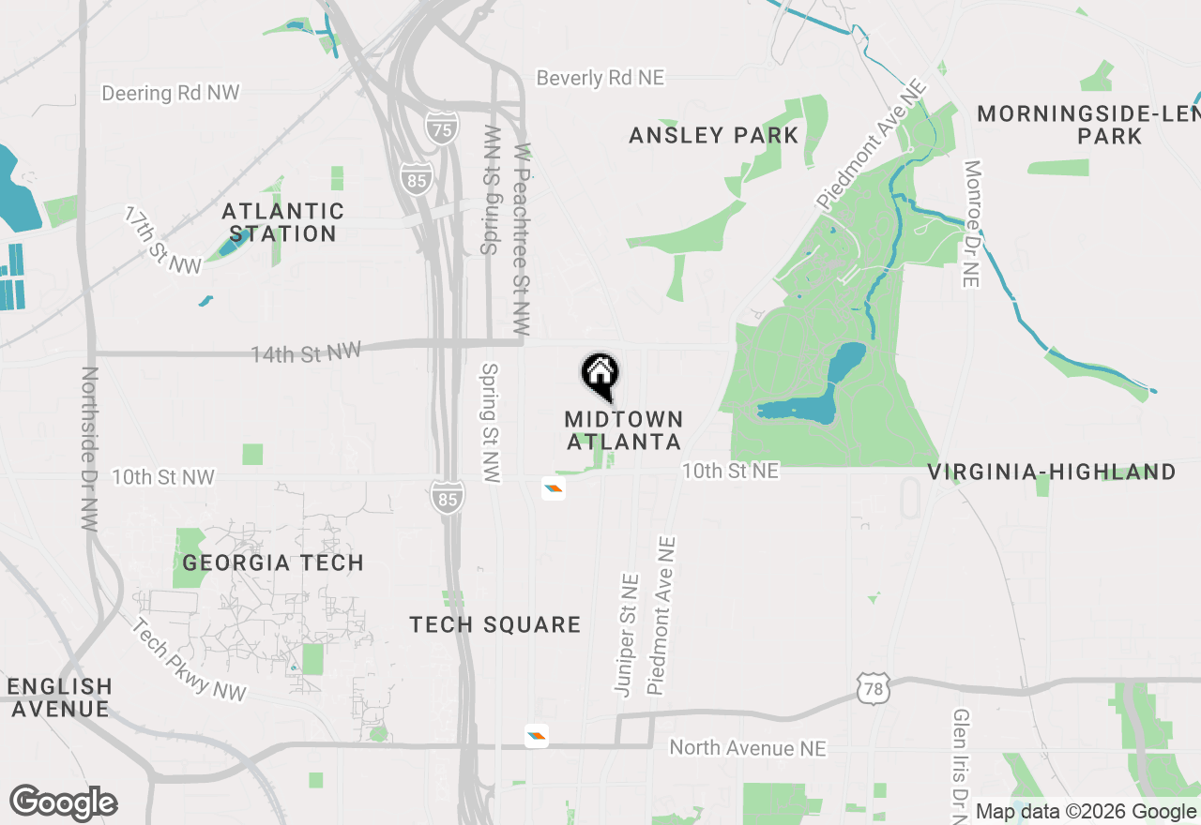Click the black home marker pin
point(600,376)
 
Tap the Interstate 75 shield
point(441,126)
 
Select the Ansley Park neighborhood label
point(714,135)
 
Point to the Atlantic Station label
point(282,222)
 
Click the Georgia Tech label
point(273,562)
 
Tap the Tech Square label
point(495,624)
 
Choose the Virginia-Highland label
point(1052,472)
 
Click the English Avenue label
point(59,697)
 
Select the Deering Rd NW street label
point(171,93)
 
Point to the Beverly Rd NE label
point(600,78)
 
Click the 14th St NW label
point(306,353)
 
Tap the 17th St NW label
point(163,241)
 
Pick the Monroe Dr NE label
point(972,224)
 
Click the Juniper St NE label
point(626,636)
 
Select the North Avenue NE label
point(748,747)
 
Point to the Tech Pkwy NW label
point(189,660)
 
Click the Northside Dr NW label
point(89,449)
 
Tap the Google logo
point(64,803)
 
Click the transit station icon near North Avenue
point(536,736)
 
